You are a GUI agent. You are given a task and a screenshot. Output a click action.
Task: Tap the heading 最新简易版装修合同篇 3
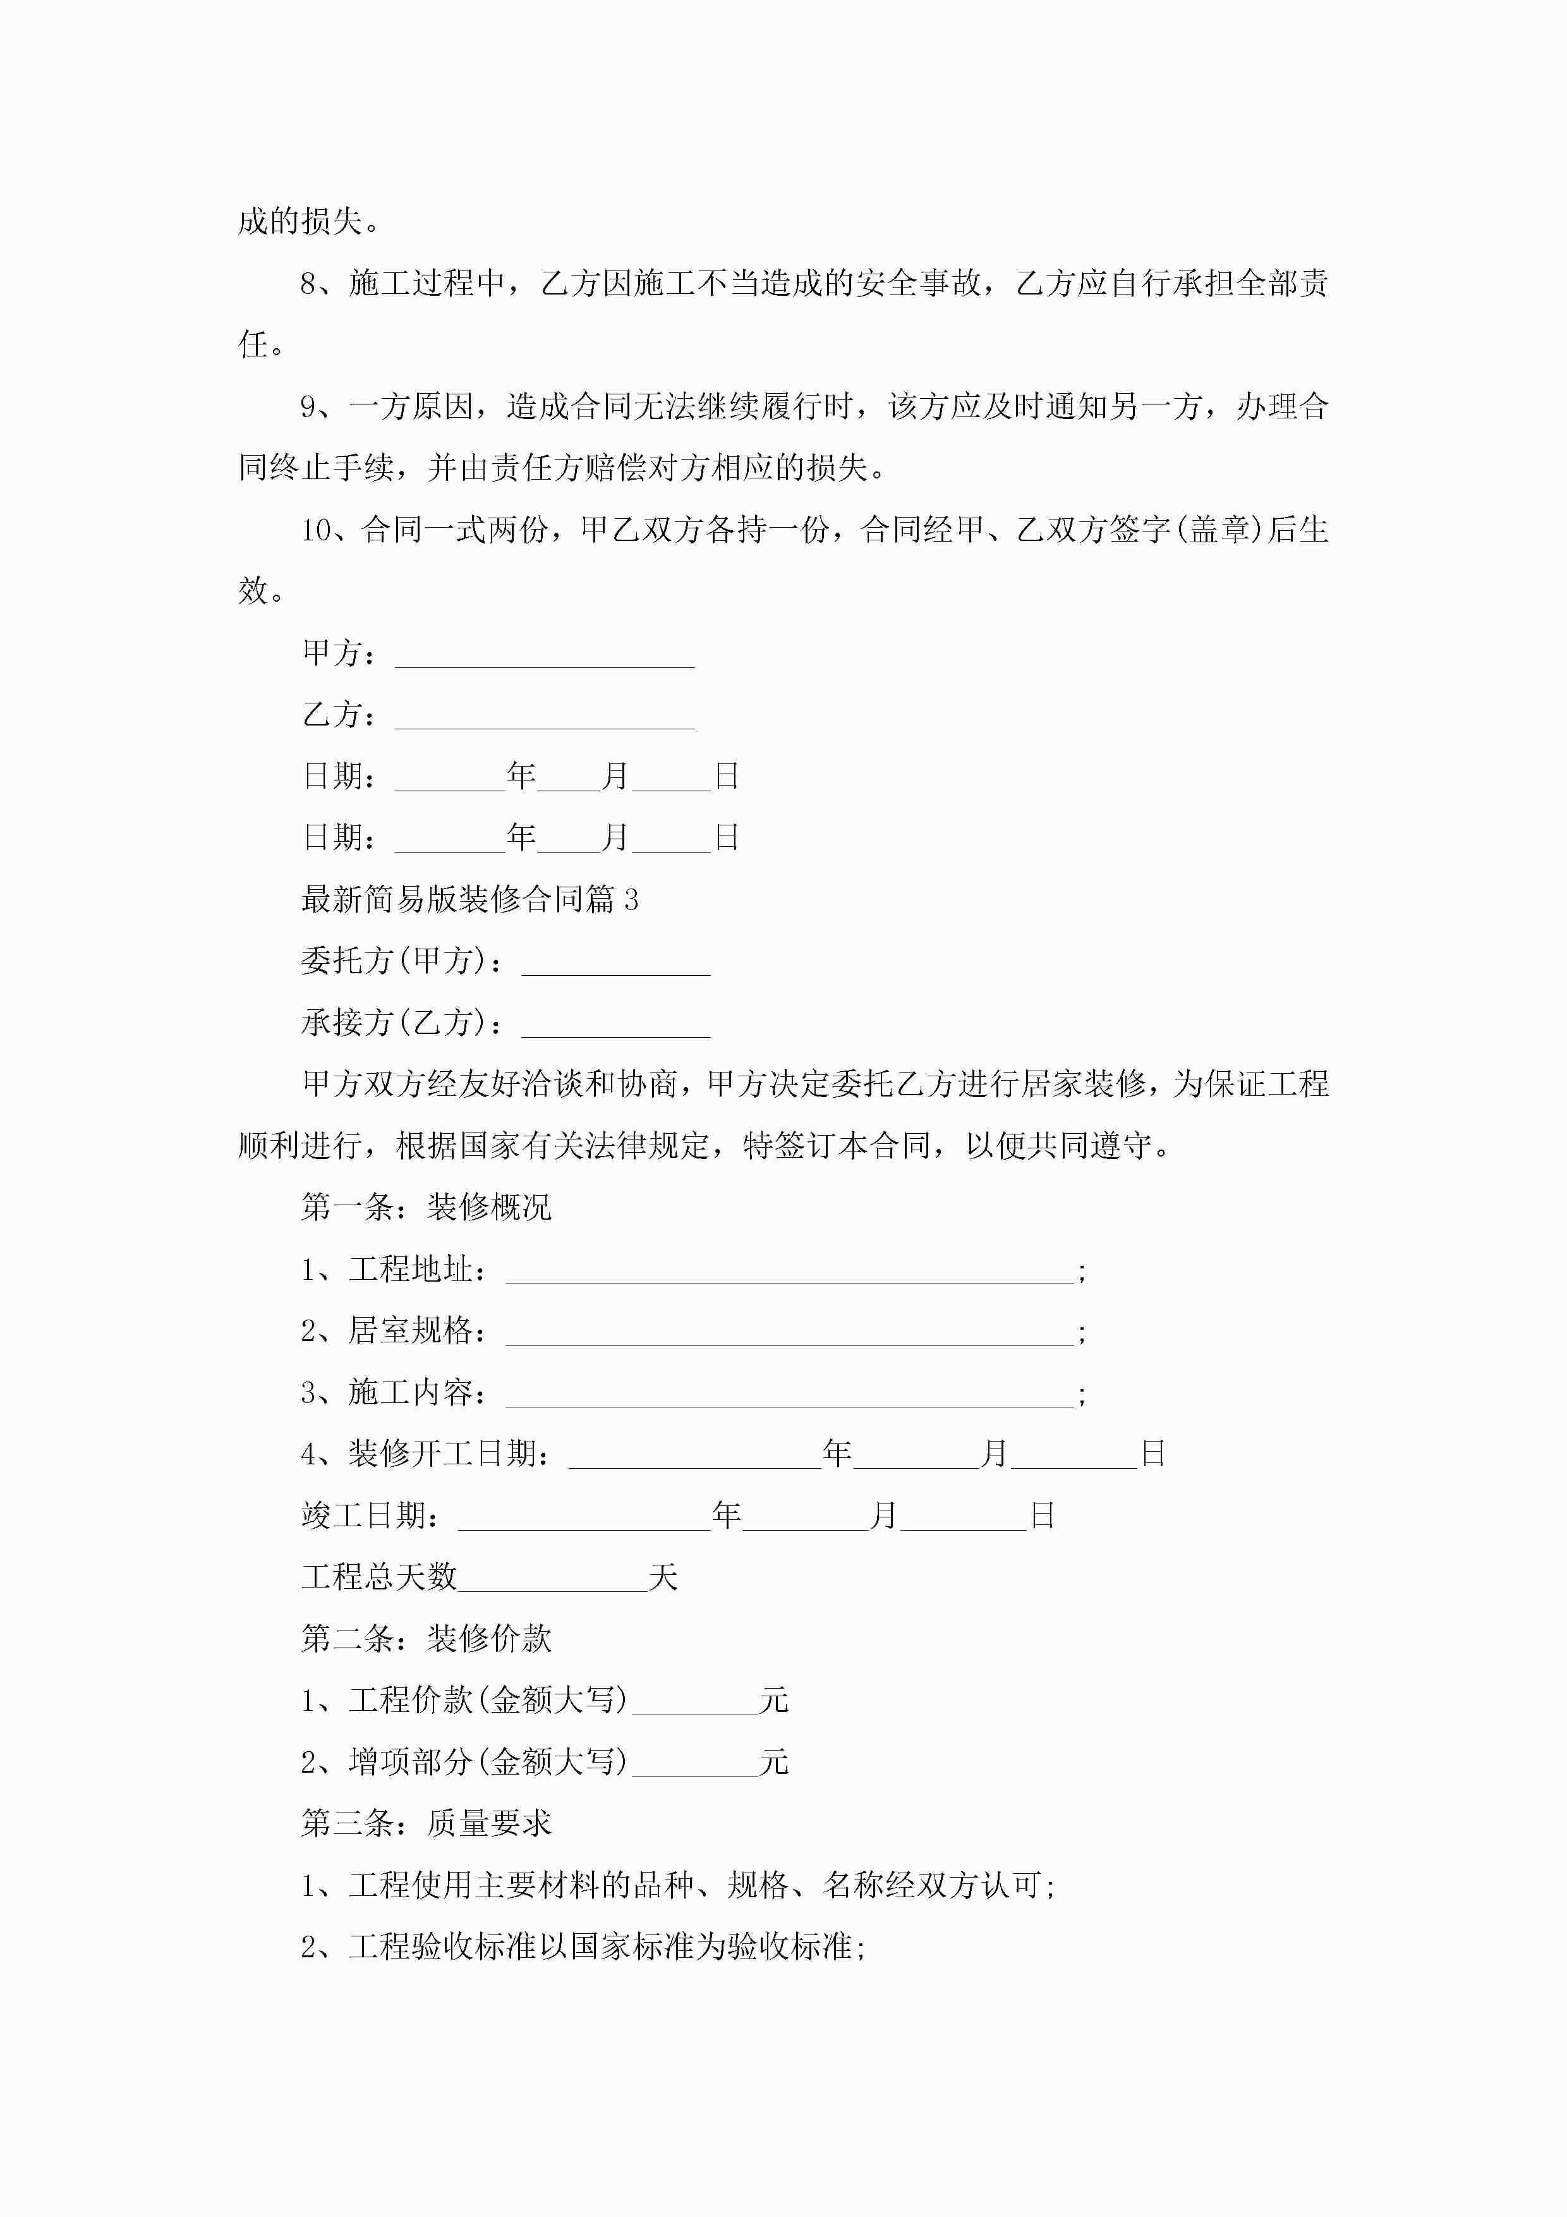(x=469, y=900)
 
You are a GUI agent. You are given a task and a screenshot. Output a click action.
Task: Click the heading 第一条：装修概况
(x=426, y=1207)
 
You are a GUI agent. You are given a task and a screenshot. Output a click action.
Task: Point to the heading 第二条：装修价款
(x=426, y=1639)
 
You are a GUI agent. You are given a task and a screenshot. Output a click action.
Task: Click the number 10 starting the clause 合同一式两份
(x=316, y=530)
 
